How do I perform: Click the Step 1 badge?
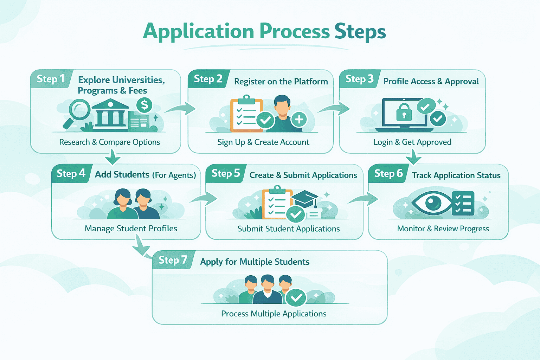(x=51, y=79)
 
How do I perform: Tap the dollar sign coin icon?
(x=144, y=105)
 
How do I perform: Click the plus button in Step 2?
(x=299, y=120)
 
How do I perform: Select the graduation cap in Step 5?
(x=305, y=199)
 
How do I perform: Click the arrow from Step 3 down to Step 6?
(x=414, y=157)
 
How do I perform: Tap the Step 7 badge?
(x=173, y=260)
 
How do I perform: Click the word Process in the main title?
(x=295, y=32)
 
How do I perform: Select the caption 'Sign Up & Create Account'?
(x=263, y=142)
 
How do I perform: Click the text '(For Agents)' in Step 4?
(x=174, y=175)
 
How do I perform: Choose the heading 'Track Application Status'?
(x=456, y=175)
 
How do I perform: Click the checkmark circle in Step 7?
(x=296, y=298)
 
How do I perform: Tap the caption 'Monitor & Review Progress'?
(x=443, y=229)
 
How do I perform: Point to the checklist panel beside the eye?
(x=463, y=203)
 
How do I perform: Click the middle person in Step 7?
(x=268, y=290)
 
